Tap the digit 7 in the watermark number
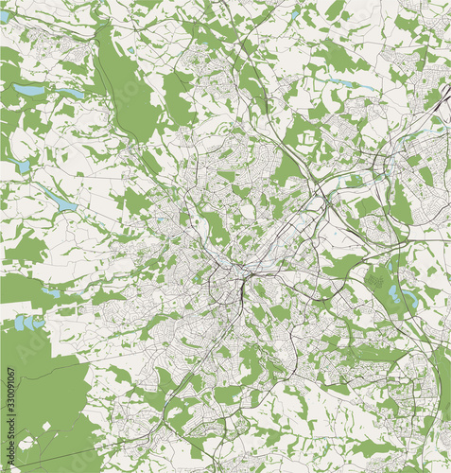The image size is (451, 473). (10, 370)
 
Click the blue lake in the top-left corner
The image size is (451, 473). (4, 16)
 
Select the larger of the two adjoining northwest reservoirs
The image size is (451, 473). (28, 91)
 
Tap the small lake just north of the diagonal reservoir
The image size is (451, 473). (22, 166)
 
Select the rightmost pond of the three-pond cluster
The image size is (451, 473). (38, 322)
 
